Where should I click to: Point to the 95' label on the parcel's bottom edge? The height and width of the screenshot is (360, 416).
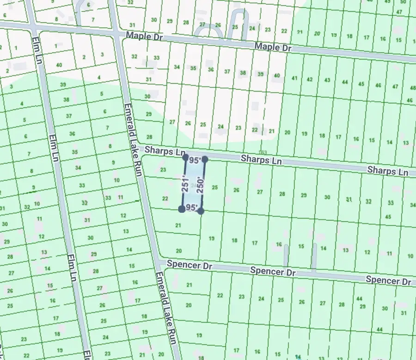[x=191, y=208]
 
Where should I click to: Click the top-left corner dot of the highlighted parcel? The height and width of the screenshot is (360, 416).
[x=186, y=157]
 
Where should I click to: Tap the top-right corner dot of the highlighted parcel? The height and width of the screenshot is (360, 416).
[x=205, y=159]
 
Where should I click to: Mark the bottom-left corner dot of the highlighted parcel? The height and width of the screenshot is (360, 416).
[x=182, y=209]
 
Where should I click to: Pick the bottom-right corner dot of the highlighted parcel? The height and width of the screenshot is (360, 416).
[x=201, y=211]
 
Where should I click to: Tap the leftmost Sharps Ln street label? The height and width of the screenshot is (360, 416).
[x=165, y=151]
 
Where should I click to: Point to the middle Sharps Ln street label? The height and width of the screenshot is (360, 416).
[x=261, y=160]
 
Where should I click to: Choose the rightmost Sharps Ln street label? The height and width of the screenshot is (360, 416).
[x=387, y=171]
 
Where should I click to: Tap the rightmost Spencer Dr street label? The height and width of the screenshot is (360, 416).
[x=388, y=280]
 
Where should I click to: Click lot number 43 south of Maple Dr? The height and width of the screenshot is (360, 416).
[x=327, y=80]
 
